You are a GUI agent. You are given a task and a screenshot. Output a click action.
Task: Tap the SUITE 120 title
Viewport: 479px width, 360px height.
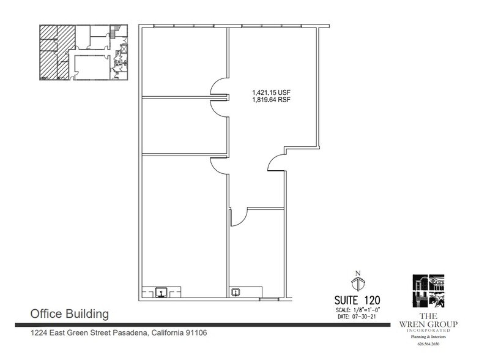point(357,300)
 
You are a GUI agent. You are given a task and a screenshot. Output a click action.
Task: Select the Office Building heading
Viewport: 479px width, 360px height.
point(70,314)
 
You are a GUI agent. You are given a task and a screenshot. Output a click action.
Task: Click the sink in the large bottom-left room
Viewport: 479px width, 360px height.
point(162,293)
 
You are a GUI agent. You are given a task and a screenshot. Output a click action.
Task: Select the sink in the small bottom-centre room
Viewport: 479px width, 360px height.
point(236,293)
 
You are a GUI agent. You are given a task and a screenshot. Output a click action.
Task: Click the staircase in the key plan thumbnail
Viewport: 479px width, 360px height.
point(114,31)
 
